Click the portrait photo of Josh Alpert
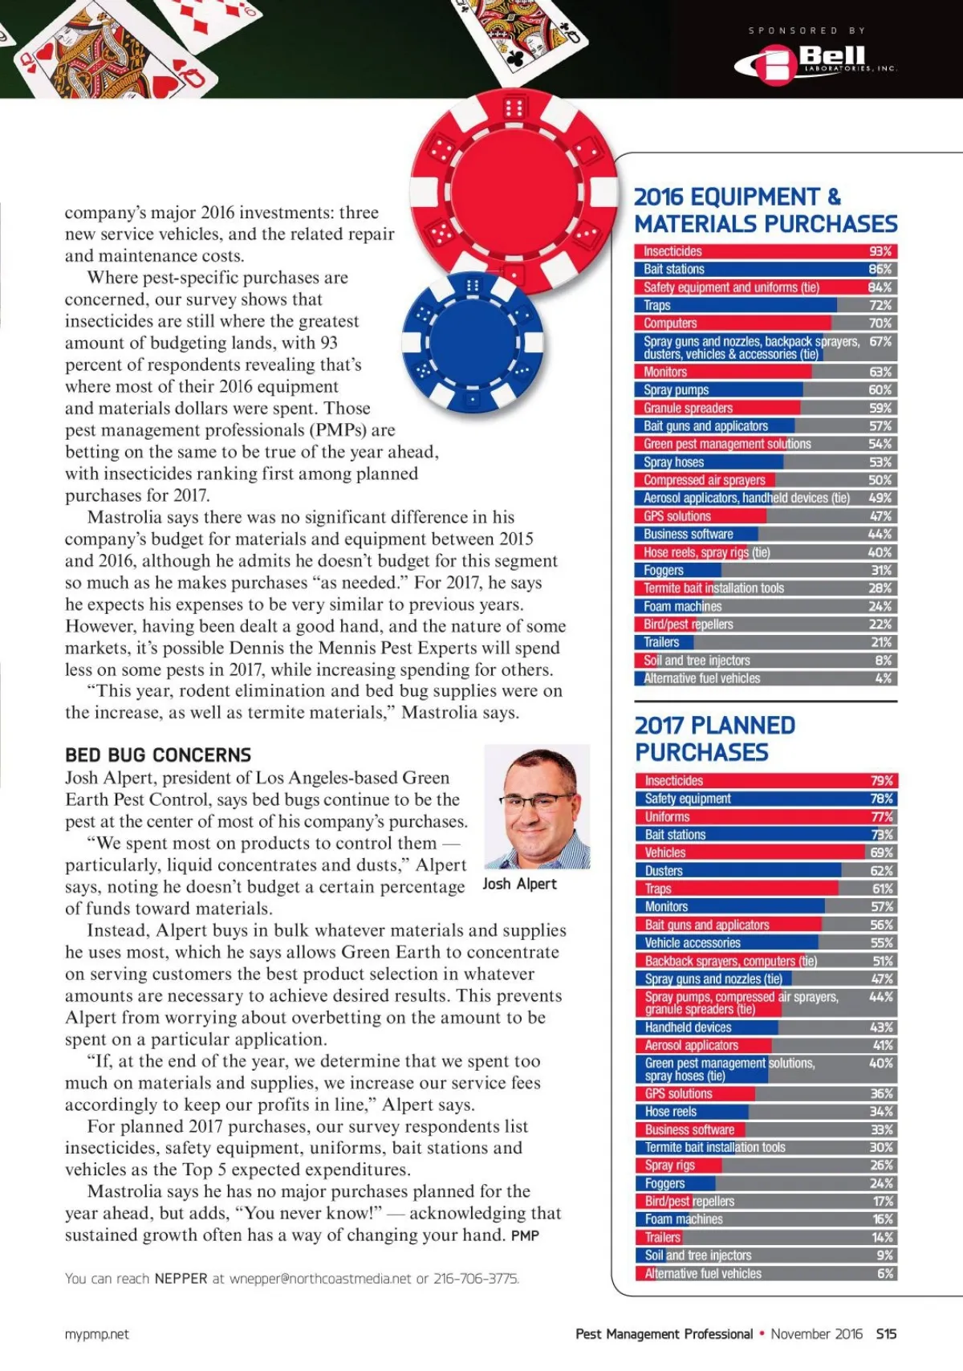pos(537,806)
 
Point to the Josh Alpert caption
pos(519,884)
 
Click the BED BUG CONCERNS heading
pos(158,755)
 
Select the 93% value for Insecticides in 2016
pos(880,251)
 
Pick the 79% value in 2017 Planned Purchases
pos(881,780)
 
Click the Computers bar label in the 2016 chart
pos(670,323)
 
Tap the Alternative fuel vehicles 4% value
pos(883,678)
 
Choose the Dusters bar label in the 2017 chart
pos(664,871)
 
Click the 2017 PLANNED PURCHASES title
pos(714,738)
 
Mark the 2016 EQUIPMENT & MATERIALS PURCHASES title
pos(765,210)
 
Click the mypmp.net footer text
pos(96,1334)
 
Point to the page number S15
pos(886,1334)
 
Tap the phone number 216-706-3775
pos(476,1279)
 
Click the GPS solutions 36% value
pos(881,1093)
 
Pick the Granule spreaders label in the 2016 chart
pos(688,408)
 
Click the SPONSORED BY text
pos(807,31)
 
